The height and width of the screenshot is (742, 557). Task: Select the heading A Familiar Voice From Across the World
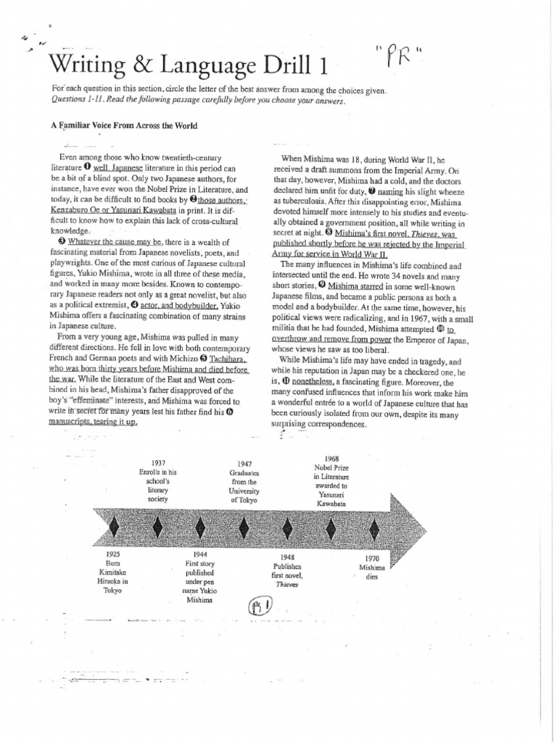124,125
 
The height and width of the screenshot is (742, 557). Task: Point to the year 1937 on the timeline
157,462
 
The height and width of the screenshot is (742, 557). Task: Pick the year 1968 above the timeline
331,459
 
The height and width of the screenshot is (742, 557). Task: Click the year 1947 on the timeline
244,464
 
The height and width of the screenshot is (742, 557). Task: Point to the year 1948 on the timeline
284,556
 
